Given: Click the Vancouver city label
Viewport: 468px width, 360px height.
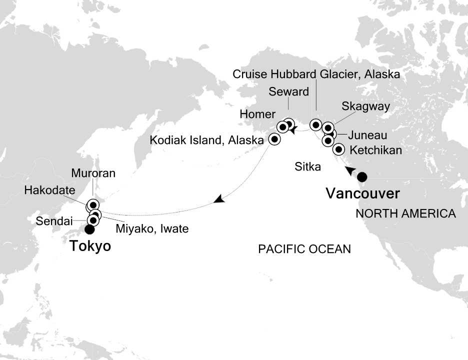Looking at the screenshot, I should click(x=362, y=193).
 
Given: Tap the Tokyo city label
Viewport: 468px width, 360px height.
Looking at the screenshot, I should click(x=90, y=246).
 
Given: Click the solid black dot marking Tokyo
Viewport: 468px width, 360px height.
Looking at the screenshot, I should click(x=89, y=230).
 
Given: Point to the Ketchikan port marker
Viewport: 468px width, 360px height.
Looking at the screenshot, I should click(x=338, y=149).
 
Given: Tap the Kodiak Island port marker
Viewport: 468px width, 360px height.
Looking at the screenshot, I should click(x=274, y=139).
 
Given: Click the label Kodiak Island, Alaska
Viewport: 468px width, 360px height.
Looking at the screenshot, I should click(x=207, y=140).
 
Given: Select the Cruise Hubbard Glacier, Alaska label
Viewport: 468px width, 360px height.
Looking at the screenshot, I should click(x=316, y=75).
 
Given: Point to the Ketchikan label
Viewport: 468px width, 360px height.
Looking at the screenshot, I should click(x=376, y=150).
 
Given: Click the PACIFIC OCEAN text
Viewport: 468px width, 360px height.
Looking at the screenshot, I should click(x=304, y=248).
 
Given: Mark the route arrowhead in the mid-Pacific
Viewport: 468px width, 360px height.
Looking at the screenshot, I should click(x=218, y=200).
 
